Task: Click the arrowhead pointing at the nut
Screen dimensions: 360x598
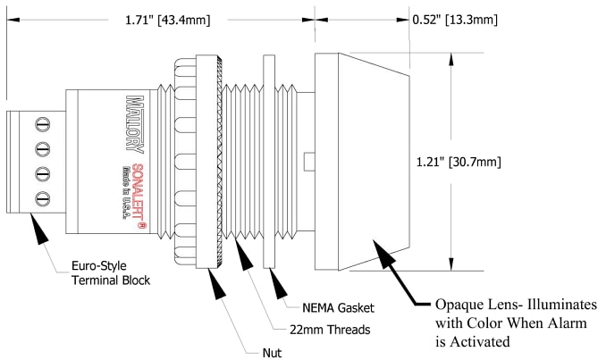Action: [215, 283]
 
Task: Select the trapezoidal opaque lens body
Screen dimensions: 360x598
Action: [361, 162]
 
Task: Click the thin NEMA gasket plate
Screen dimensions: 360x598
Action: [269, 162]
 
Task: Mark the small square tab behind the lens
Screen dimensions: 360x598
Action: [308, 162]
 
